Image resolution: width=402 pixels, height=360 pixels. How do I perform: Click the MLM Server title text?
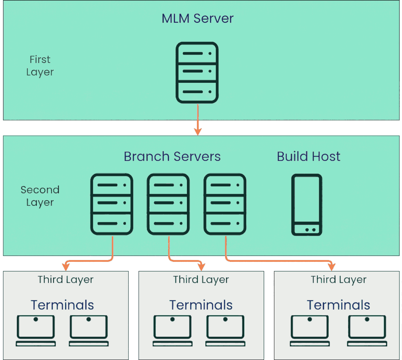point(197,18)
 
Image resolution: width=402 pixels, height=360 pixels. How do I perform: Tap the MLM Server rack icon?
point(197,72)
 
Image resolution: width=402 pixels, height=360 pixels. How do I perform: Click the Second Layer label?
point(40,196)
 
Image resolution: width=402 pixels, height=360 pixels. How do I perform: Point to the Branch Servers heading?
point(172,157)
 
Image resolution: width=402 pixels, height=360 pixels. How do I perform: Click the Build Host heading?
point(309,157)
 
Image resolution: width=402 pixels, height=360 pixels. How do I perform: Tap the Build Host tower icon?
point(307,205)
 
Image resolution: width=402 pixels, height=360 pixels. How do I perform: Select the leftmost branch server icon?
point(112,204)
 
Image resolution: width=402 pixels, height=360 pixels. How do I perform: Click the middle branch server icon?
point(168,204)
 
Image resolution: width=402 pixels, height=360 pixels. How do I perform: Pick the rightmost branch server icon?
point(225,204)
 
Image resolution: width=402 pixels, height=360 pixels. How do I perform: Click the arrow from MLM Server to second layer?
point(198,120)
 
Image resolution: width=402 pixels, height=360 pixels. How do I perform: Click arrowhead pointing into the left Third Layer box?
point(66,267)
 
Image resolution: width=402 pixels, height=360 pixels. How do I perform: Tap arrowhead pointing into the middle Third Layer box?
point(201,267)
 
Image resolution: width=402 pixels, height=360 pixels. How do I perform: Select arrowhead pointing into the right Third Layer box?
point(332,267)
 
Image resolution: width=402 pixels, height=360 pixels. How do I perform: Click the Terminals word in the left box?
point(62,305)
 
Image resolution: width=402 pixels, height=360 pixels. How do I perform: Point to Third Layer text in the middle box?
point(201,280)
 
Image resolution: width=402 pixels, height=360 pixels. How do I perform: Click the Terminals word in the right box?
point(338,305)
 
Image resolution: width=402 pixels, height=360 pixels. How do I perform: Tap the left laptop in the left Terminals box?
point(36,331)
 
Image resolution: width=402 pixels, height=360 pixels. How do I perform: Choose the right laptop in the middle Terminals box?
point(225,331)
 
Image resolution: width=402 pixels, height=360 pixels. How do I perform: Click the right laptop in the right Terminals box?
point(367,331)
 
